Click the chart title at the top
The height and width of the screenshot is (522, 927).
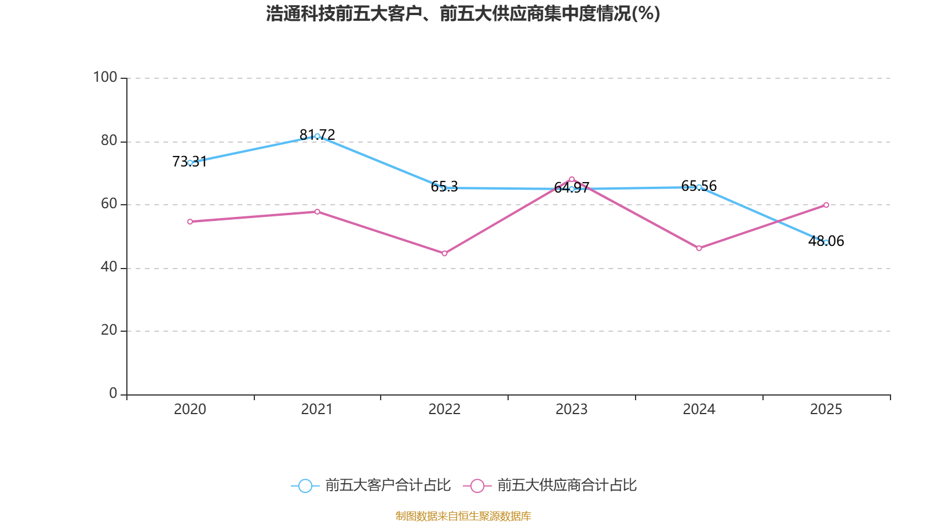(x=463, y=14)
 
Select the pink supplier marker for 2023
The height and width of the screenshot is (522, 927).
(x=571, y=179)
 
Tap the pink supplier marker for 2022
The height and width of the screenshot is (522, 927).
(x=444, y=253)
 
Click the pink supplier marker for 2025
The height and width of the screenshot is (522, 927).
(x=826, y=205)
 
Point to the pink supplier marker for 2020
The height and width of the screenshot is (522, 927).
(x=190, y=222)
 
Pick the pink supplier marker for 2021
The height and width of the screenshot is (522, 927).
(x=317, y=212)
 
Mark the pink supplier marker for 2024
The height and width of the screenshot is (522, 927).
(x=699, y=248)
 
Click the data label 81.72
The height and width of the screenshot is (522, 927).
(x=317, y=135)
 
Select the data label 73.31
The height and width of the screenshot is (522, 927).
(x=189, y=162)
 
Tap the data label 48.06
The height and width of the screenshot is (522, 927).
(x=826, y=241)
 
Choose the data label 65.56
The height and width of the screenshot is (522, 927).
(x=699, y=186)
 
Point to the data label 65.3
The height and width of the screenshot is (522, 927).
(x=444, y=186)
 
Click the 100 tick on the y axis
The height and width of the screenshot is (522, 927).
(x=105, y=77)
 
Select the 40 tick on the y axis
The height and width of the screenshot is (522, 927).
(x=109, y=267)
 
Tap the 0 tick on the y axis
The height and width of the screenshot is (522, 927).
(x=113, y=393)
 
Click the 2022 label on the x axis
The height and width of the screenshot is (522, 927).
(x=444, y=409)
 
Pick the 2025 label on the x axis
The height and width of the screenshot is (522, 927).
(x=826, y=409)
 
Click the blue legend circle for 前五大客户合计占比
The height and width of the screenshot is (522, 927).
(x=305, y=485)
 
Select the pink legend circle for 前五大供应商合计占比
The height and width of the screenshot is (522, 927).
(x=477, y=485)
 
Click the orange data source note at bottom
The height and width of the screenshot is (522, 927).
(x=463, y=516)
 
